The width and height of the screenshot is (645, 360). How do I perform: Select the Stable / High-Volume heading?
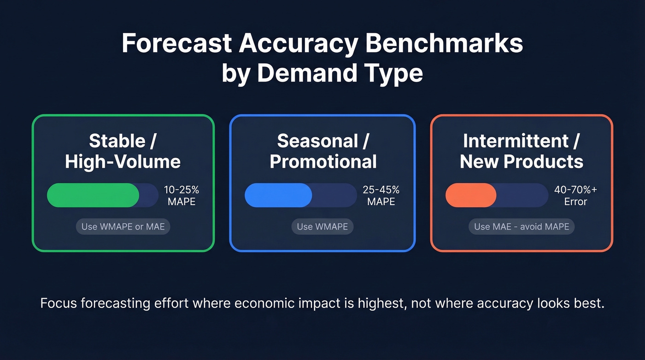coord(123,151)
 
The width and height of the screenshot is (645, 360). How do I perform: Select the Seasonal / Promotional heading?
coord(322,151)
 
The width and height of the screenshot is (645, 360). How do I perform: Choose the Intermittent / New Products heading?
coord(522,151)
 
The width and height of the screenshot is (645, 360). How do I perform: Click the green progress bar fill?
coord(93,195)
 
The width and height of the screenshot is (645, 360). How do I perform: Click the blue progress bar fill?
coord(278,195)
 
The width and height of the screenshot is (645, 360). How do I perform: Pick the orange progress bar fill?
coord(471,195)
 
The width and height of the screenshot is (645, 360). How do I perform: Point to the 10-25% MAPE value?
coord(182,195)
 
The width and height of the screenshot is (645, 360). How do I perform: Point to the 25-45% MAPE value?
coord(381,195)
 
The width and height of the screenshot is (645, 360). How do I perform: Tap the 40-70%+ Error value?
coord(575,195)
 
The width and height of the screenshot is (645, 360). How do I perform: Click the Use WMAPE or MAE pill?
coord(123,226)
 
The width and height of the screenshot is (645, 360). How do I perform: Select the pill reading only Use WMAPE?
coord(322,226)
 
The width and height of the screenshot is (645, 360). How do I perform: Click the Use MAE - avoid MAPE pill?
coord(522,226)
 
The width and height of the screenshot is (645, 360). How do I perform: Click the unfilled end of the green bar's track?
coord(149,195)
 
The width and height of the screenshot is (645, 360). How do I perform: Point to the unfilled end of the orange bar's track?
coord(523,195)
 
